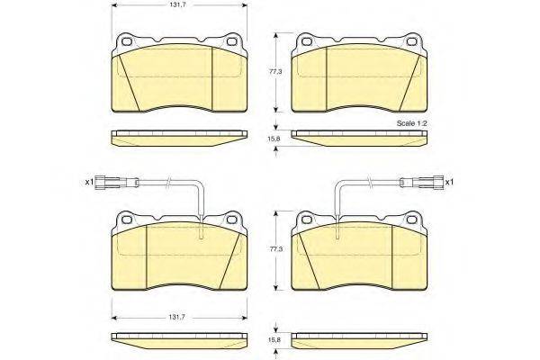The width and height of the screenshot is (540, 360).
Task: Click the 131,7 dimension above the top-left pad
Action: pos(180,5)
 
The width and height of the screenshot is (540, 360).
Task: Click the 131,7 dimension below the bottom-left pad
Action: pos(178,318)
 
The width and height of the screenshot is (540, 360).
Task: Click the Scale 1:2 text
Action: pos(411,123)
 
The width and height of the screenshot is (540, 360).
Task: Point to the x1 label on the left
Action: pos(89,182)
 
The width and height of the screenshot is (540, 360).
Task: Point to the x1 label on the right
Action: pos(449,182)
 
